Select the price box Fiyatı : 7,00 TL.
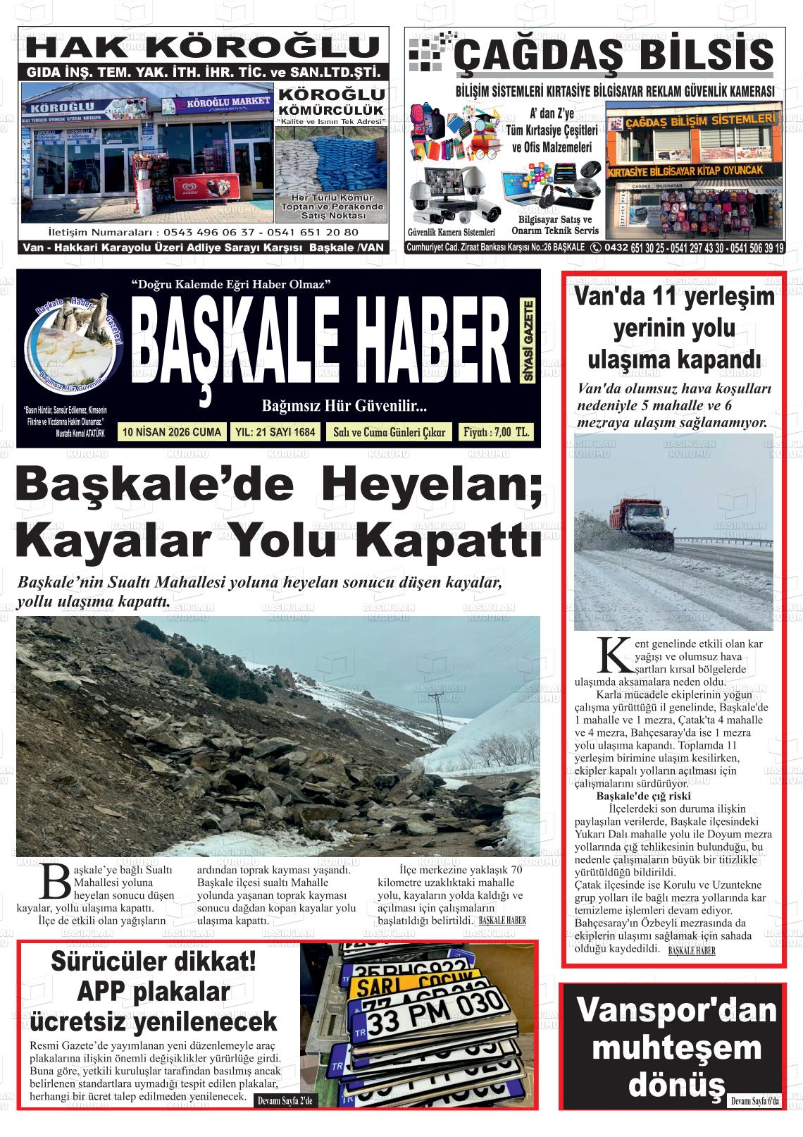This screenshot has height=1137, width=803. point(495,432)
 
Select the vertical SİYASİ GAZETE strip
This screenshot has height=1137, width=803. point(528,341)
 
